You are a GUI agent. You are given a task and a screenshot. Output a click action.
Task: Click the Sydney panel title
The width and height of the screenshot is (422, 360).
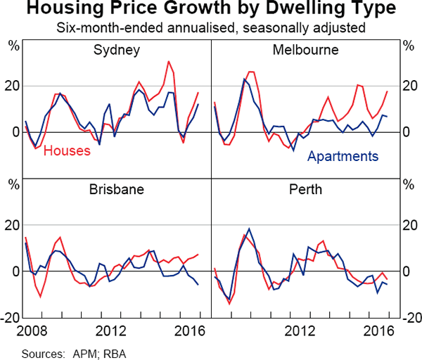[117, 51]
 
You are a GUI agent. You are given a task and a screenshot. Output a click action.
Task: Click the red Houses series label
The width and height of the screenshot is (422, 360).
[67, 150]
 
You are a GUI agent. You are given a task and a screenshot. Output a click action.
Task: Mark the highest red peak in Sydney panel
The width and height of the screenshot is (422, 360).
[169, 61]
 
